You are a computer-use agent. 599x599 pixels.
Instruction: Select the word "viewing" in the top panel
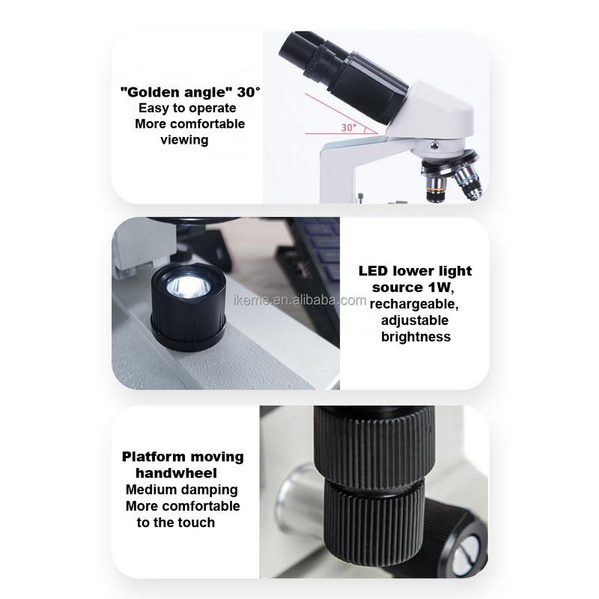(184, 140)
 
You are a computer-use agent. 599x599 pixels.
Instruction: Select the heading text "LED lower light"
(416, 271)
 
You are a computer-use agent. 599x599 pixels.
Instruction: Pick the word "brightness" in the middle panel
(416, 337)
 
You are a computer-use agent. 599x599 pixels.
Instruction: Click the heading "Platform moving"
(182, 457)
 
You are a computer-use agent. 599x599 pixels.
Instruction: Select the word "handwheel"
(177, 473)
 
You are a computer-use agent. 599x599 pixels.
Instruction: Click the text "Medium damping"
(182, 490)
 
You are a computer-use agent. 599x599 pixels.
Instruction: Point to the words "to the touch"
(176, 523)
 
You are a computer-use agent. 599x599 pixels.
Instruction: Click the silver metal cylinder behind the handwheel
(296, 498)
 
